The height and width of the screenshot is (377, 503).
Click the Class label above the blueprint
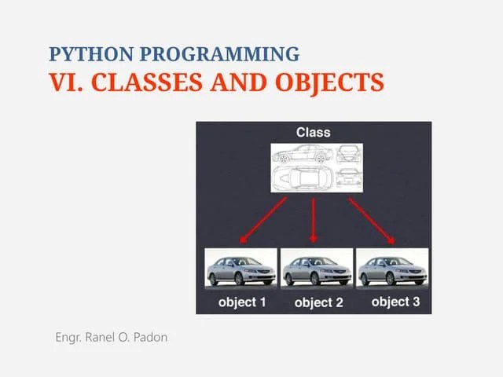coord(313,132)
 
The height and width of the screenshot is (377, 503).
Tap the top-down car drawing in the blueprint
coord(305,178)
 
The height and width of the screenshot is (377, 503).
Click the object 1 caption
coord(241,302)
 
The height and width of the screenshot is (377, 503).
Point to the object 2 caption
coord(318,302)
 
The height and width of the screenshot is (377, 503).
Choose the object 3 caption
coord(395,302)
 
